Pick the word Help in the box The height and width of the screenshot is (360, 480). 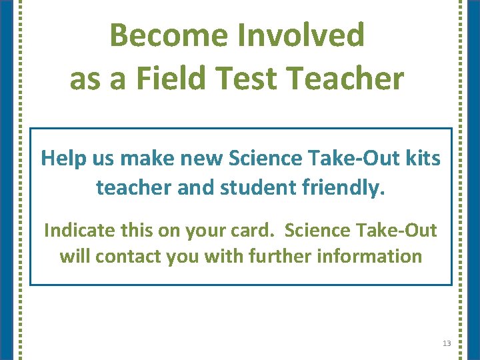(59, 159)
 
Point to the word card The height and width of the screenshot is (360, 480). (252, 231)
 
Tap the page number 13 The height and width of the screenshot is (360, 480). (446, 343)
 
